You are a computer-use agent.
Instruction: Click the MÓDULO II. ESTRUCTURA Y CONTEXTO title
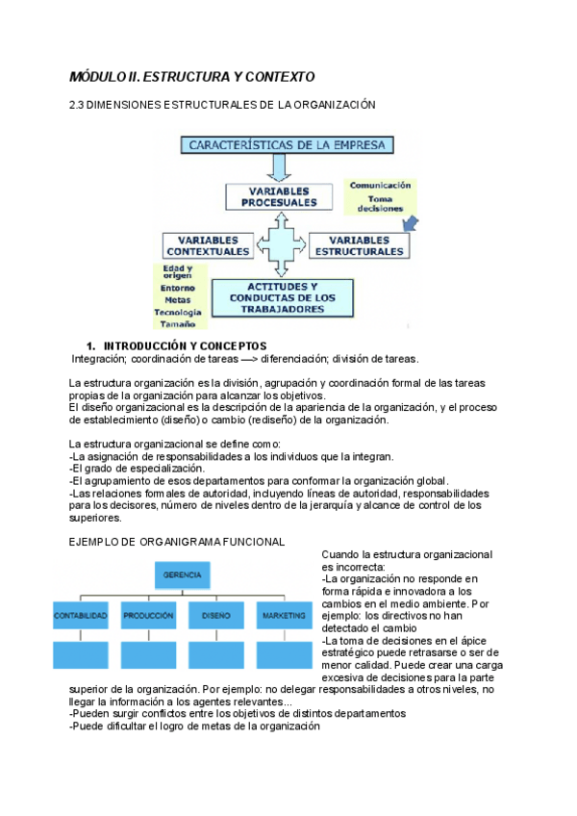[192, 76]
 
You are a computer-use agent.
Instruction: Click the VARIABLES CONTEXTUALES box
[207, 245]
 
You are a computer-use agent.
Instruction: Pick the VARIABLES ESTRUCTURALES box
[359, 245]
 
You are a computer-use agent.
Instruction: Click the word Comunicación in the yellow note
[380, 185]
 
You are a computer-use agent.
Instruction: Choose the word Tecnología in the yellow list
[178, 312]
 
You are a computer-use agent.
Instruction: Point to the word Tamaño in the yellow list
[178, 324]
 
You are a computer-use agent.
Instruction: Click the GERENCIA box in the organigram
[183, 575]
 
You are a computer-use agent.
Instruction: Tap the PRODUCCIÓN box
[148, 615]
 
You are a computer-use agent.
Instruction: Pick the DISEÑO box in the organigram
[216, 615]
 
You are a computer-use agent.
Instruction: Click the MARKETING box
[285, 615]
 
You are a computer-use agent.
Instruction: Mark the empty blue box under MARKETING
[285, 654]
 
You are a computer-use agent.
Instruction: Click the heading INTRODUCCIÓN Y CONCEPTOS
[184, 345]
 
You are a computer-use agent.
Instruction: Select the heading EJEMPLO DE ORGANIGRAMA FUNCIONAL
[177, 542]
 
